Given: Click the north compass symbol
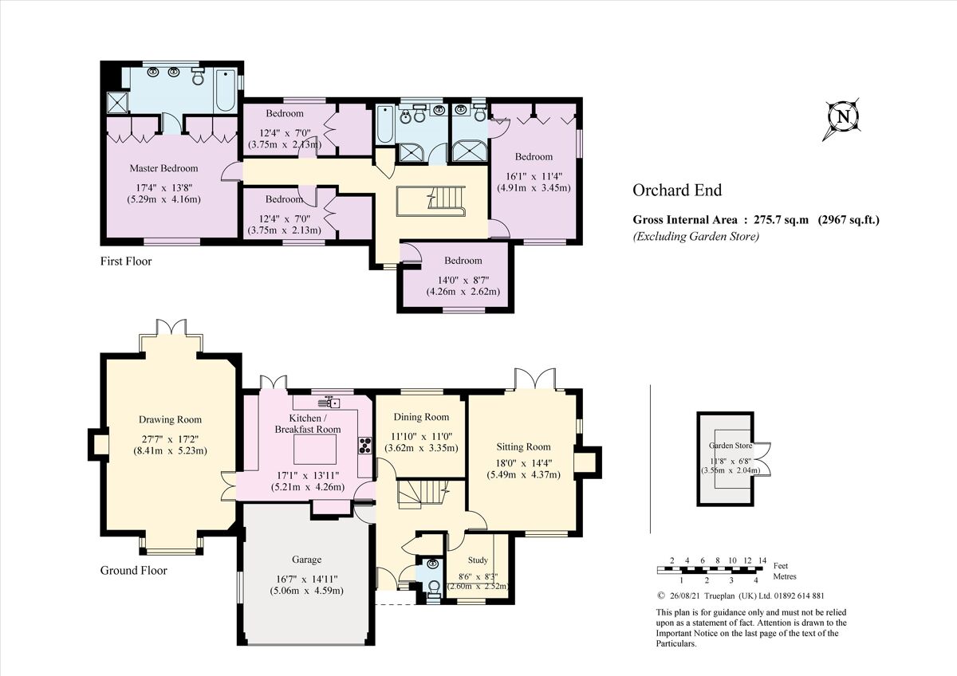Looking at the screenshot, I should click(x=842, y=118).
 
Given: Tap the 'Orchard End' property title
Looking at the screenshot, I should click(x=677, y=190).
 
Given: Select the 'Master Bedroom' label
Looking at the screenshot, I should click(x=163, y=168).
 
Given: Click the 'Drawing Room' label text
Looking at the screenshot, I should click(x=170, y=419).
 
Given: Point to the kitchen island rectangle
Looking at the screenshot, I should click(x=317, y=450).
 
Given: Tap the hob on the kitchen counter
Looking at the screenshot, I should click(x=366, y=445).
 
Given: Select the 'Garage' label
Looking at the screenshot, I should click(x=306, y=560).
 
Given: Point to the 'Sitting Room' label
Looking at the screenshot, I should click(x=523, y=446).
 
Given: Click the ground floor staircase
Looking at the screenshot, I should click(x=419, y=493).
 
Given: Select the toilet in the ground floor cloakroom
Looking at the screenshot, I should click(x=433, y=588).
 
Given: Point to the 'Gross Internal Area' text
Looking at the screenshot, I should click(x=685, y=220).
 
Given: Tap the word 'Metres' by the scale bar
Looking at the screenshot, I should click(x=785, y=576).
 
